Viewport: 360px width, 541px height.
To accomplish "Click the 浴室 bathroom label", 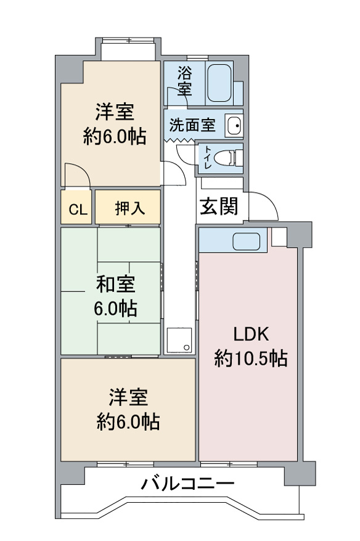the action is (x=185, y=81).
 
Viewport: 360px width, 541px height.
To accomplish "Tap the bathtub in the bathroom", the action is (x=219, y=83).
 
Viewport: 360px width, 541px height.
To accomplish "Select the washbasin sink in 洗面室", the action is (x=234, y=125).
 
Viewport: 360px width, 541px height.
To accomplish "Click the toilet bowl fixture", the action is (x=228, y=158).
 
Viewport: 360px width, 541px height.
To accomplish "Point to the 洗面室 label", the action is (x=192, y=124).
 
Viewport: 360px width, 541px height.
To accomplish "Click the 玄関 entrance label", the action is (x=219, y=206).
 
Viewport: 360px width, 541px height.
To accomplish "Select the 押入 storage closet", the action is (x=128, y=207).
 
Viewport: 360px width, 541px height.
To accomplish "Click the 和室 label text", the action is (x=116, y=284).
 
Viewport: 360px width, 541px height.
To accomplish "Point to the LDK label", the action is (x=252, y=335).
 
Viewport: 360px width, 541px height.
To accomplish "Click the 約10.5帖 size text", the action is (x=251, y=358).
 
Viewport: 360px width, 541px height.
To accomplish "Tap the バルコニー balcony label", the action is (x=188, y=483).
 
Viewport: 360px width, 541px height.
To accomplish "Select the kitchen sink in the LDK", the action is (x=246, y=242).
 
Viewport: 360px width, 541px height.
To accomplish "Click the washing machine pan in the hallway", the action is (x=179, y=340).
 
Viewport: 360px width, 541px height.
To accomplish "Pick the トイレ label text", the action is (x=208, y=157).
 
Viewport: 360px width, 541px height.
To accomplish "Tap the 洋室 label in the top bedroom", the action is (x=115, y=112).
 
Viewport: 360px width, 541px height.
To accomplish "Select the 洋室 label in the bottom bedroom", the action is (x=128, y=397).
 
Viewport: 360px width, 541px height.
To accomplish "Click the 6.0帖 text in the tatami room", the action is (x=115, y=309).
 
